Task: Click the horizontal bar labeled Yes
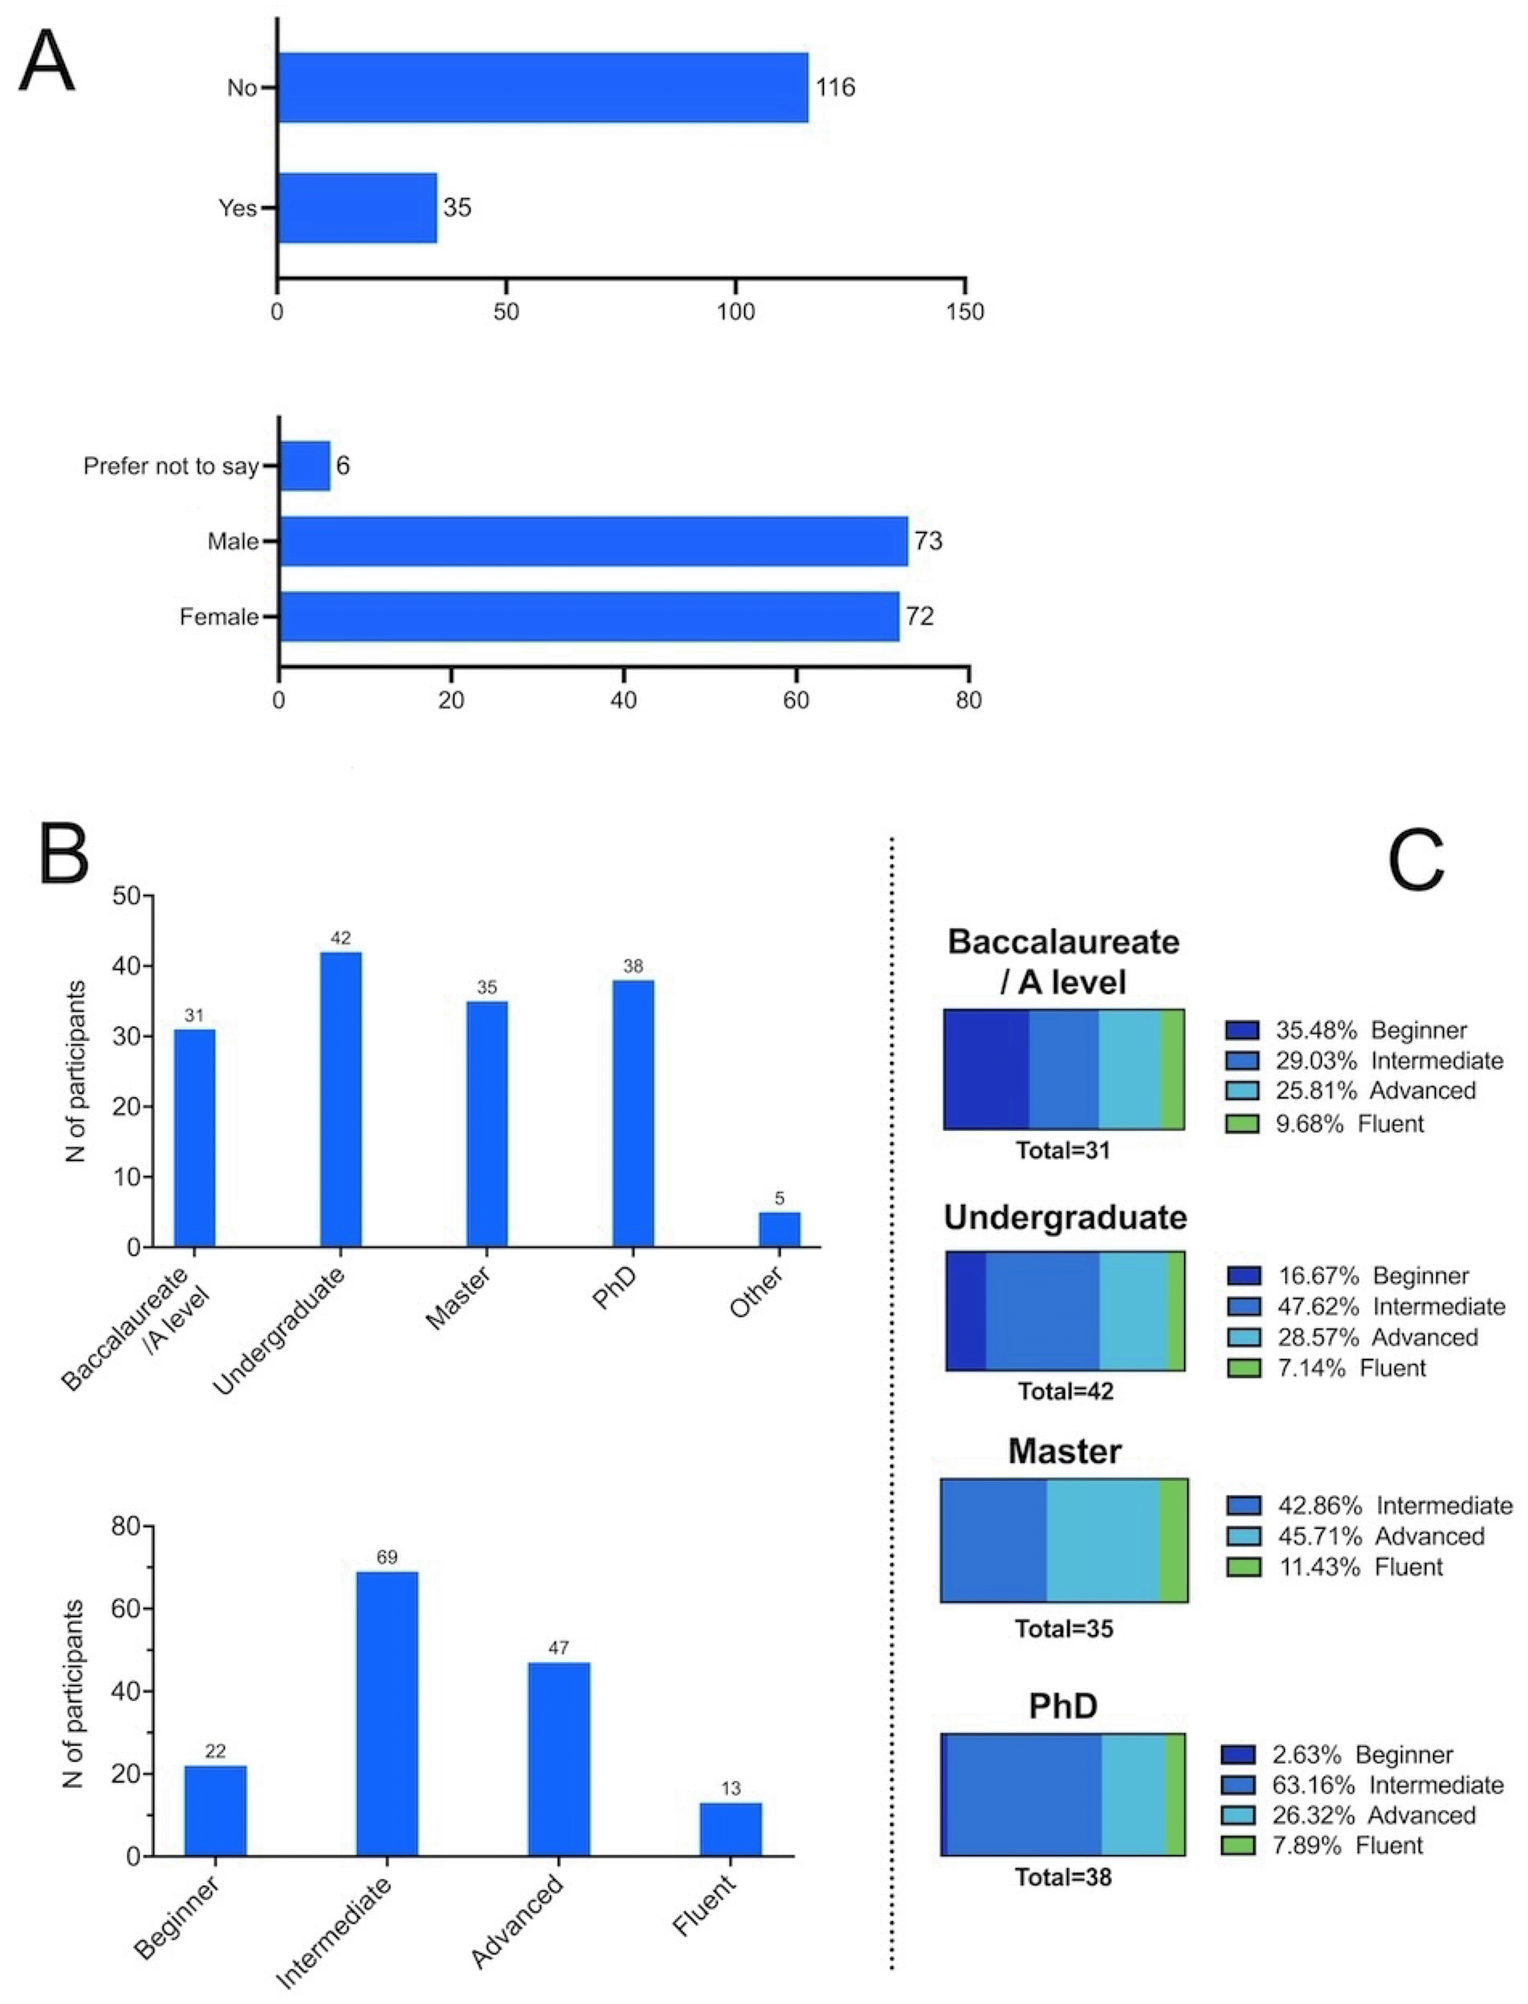(x=357, y=208)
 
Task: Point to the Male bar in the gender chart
(x=593, y=542)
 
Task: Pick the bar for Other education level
(x=779, y=1229)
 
